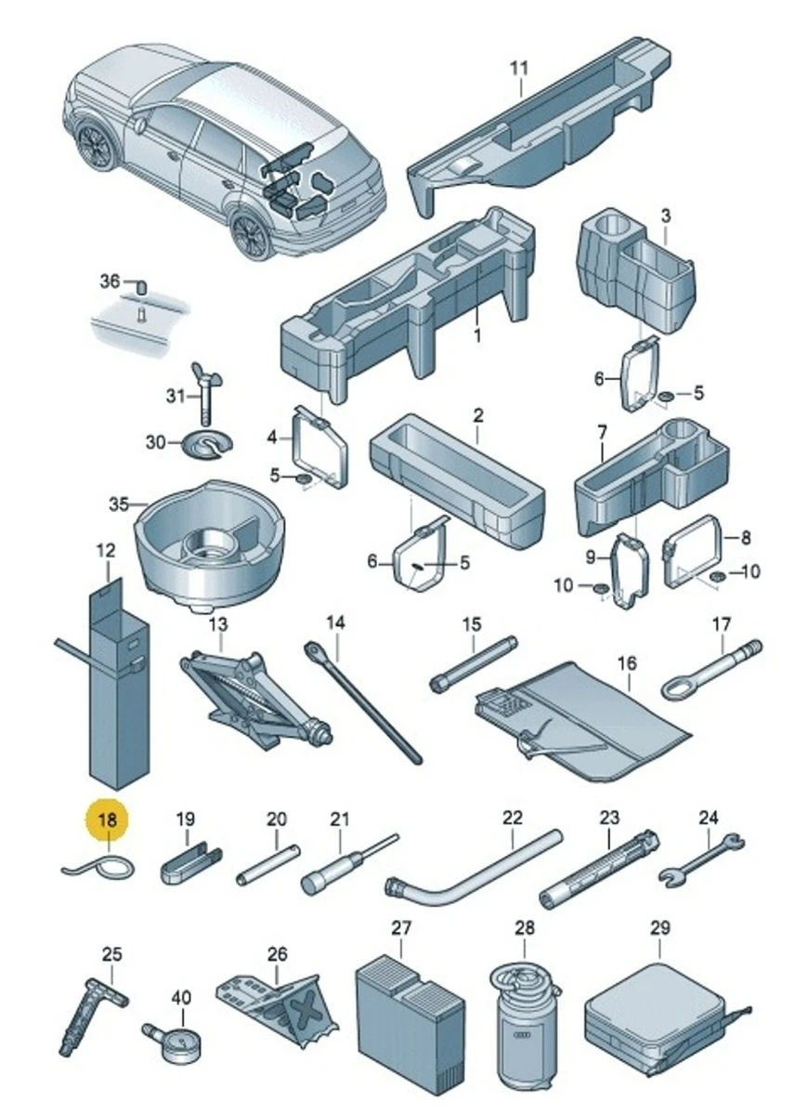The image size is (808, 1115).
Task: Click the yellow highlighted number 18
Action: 108,820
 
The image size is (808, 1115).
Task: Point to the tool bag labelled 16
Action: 585,715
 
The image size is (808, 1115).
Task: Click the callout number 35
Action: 116,505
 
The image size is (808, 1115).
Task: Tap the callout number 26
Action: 276,954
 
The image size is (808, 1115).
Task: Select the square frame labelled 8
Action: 694,552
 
